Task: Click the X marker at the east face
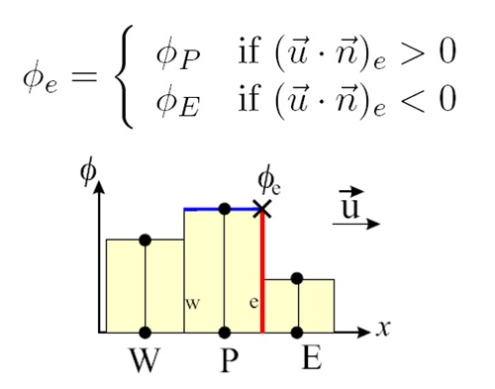261,209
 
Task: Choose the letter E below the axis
311,357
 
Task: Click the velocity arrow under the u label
357,225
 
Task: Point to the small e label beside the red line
253,302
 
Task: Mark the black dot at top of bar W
145,240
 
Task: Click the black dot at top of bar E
299,279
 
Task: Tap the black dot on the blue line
225,209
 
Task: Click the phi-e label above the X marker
268,180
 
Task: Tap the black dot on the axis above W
145,333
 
